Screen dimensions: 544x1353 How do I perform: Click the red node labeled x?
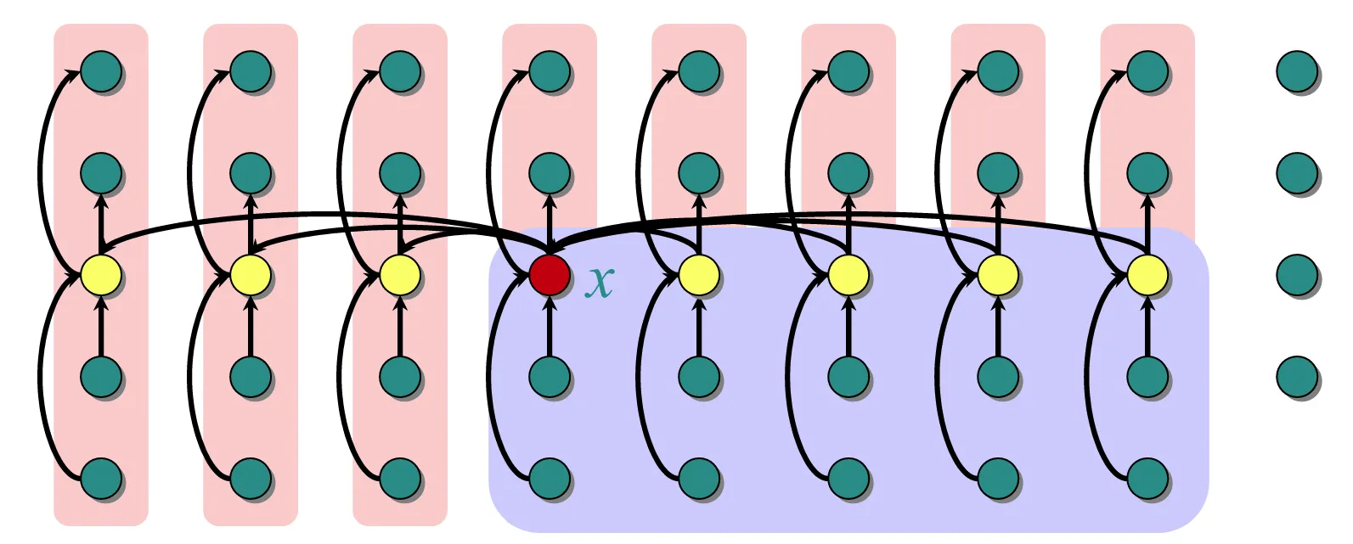click(550, 275)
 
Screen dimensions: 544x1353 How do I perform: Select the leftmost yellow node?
click(101, 275)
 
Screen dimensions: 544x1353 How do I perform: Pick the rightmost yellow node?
click(1147, 275)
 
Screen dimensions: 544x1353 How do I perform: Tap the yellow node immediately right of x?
click(699, 275)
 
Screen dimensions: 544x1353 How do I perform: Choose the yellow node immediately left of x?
click(400, 275)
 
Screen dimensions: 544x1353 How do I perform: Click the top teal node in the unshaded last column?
click(1297, 71)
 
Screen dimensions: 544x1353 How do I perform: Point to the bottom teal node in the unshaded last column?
click(1297, 377)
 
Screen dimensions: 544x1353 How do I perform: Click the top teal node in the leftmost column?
click(101, 71)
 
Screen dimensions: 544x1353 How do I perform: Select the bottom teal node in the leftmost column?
click(101, 479)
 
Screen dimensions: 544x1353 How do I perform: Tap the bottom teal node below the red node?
click(550, 479)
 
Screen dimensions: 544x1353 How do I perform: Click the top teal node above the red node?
click(550, 71)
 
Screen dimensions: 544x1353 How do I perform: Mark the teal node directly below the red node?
click(550, 377)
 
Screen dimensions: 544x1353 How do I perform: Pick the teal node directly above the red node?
click(550, 173)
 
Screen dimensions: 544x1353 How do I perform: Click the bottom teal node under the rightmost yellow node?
click(1147, 479)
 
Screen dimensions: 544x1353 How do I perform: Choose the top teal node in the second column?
click(251, 71)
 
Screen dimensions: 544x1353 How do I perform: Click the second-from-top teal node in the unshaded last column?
click(1297, 173)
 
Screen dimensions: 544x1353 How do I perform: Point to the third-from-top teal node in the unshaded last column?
click(1297, 275)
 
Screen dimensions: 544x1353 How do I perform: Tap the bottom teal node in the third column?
click(400, 479)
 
